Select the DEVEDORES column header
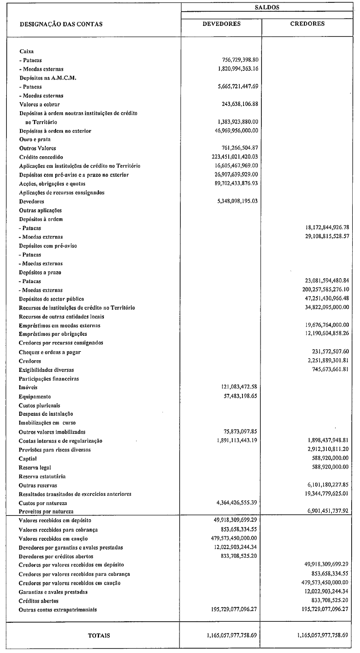[x=221, y=23]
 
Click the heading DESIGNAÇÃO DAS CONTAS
[x=61, y=23]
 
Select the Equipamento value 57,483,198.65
[x=239, y=396]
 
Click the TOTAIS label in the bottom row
[x=99, y=635]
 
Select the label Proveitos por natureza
[x=46, y=511]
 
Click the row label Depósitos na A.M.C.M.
[x=48, y=78]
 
